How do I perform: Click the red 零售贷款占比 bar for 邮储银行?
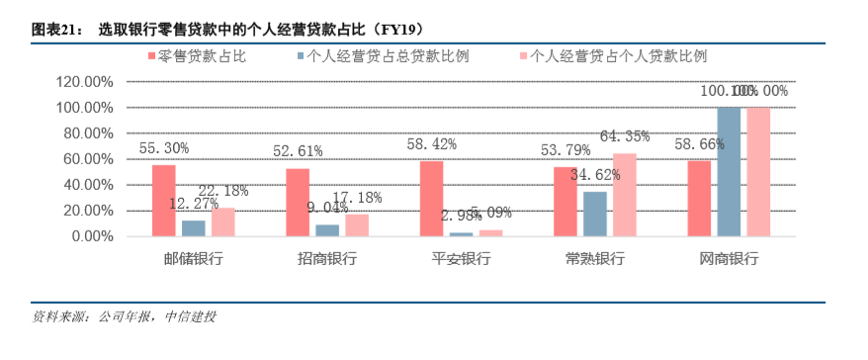pos(164,200)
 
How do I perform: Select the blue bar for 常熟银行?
pos(595,214)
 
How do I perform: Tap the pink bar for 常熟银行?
pos(624,195)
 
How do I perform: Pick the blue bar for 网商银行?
pos(729,171)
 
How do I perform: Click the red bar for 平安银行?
pos(431,198)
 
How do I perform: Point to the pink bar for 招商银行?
pos(357,225)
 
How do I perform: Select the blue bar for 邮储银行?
pos(194,228)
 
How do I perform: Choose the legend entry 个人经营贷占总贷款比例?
pos(383,56)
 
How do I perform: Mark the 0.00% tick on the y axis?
pos(93,236)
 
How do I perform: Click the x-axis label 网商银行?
pos(729,259)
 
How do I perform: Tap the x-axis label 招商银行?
pos(327,259)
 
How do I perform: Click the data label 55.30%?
pos(164,148)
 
